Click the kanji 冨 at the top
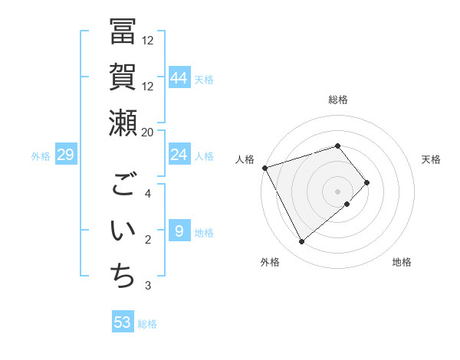coord(123,31)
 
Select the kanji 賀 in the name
coord(123,77)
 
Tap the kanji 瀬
coord(123,123)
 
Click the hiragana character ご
coord(123,185)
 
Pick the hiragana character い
coord(123,231)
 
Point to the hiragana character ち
coord(123,277)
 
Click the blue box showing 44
coord(179,77)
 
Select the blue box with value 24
coord(179,155)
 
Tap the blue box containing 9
coord(179,231)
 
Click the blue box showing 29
coord(66,155)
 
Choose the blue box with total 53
coord(123,322)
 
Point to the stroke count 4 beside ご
coord(148,194)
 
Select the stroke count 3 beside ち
coord(148,286)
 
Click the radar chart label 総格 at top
coord(338,100)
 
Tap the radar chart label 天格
coord(431,159)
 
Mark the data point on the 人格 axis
coord(264,168)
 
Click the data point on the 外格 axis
coord(301,242)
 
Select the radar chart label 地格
coord(402,262)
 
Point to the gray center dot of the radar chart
coord(337,190)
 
